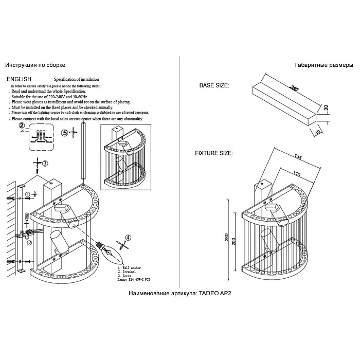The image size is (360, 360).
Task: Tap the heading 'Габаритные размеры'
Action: point(324,66)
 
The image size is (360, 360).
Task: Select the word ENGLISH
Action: point(19,79)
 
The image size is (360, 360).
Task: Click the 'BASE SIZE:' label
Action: point(214,86)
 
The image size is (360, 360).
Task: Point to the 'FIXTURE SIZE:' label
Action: point(213,153)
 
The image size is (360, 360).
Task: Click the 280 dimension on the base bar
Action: point(294,88)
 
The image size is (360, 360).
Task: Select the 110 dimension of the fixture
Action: point(297,174)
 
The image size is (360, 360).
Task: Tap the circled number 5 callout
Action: point(65,133)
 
